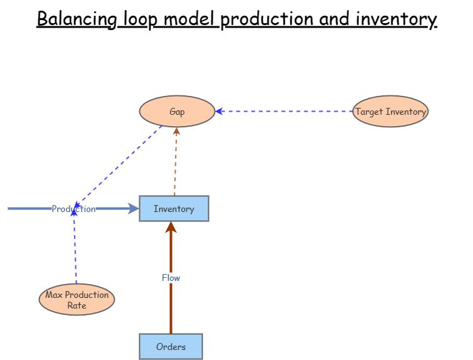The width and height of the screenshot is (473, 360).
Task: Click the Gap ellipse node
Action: [x=177, y=112]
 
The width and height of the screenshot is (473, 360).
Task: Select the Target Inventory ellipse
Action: [x=390, y=112]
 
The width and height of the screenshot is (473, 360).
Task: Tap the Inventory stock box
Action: [x=174, y=209]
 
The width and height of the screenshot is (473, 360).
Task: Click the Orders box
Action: [x=171, y=346]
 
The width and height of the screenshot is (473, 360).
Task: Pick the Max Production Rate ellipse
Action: [x=77, y=300]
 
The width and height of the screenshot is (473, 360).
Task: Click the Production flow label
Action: [x=73, y=209]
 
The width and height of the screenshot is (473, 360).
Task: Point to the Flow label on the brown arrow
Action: [x=171, y=278]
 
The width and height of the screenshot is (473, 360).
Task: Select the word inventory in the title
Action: [x=400, y=19]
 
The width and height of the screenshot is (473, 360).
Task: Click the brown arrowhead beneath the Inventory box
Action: [x=171, y=227]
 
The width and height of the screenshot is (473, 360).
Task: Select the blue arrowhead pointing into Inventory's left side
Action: [x=133, y=209]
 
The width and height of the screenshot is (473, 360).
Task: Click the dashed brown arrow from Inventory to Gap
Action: [x=176, y=163]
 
